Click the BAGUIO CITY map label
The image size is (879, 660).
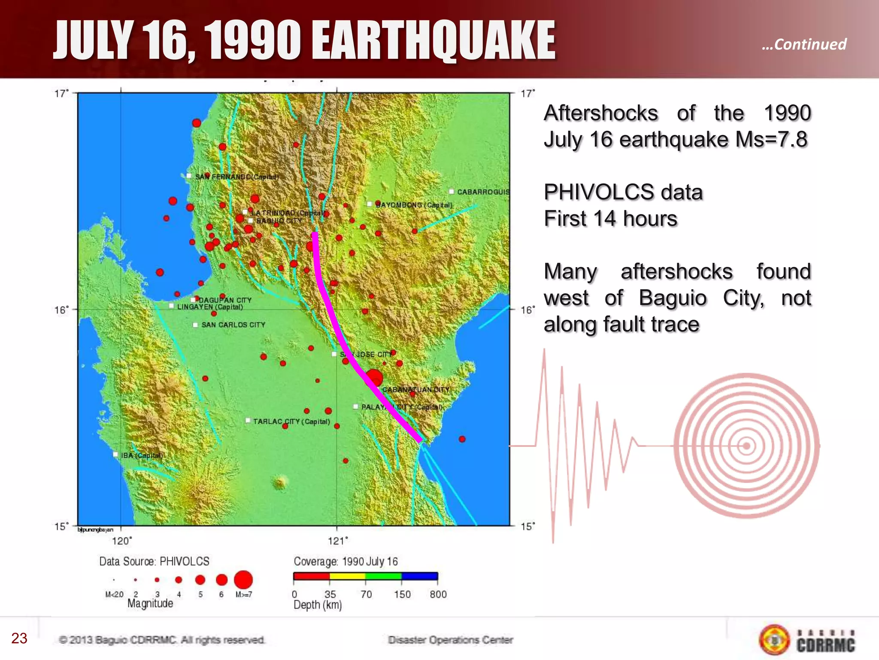click(279, 221)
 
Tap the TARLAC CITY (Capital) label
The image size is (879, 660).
click(291, 422)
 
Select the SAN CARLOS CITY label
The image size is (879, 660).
click(233, 325)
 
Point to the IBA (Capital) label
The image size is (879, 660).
click(142, 455)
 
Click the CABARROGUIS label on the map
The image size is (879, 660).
click(483, 192)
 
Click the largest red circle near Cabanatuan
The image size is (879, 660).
click(374, 378)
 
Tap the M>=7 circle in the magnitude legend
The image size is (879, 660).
click(243, 580)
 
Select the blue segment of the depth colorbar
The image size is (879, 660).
click(419, 576)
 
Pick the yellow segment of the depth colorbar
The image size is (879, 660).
click(347, 576)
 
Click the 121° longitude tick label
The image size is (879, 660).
click(338, 541)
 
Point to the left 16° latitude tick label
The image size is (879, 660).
click(61, 310)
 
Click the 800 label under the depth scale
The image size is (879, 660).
click(438, 595)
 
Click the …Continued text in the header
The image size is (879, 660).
click(804, 44)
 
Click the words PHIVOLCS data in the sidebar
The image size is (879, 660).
click(623, 192)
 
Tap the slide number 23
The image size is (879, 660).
click(19, 639)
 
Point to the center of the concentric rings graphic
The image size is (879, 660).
click(746, 446)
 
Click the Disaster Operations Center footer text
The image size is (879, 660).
click(450, 640)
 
